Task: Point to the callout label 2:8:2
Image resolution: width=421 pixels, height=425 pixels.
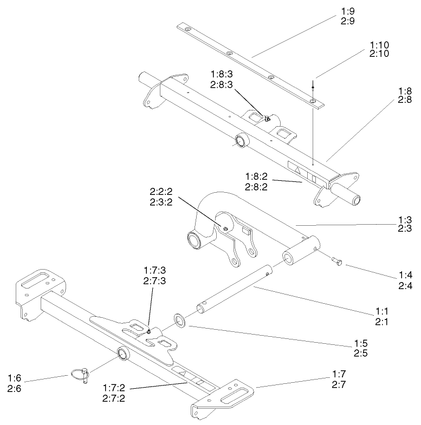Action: coord(258,186)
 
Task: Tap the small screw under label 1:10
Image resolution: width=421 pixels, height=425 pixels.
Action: coord(314,85)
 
